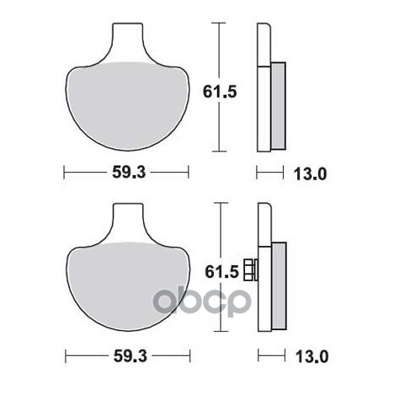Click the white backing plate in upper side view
click(x=263, y=93)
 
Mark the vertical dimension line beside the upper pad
click(x=220, y=51)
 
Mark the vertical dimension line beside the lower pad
click(x=220, y=232)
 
